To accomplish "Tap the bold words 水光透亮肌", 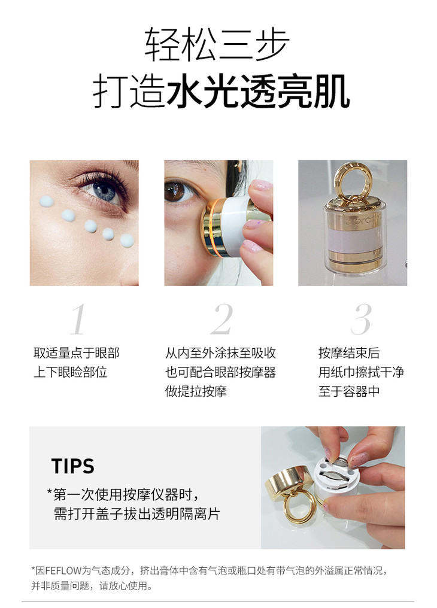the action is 259,92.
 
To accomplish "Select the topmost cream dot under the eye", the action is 46,202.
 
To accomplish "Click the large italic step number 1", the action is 78,320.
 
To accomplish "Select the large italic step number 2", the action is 221,320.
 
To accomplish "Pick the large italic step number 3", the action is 362,320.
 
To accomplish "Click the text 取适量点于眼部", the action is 77,353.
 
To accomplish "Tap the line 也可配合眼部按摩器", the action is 221,372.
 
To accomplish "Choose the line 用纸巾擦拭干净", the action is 361,372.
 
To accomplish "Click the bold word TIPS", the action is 73,466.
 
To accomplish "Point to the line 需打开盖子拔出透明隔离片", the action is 137,514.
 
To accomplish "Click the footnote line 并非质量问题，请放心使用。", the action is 92,585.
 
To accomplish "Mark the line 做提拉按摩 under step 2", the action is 196,391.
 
